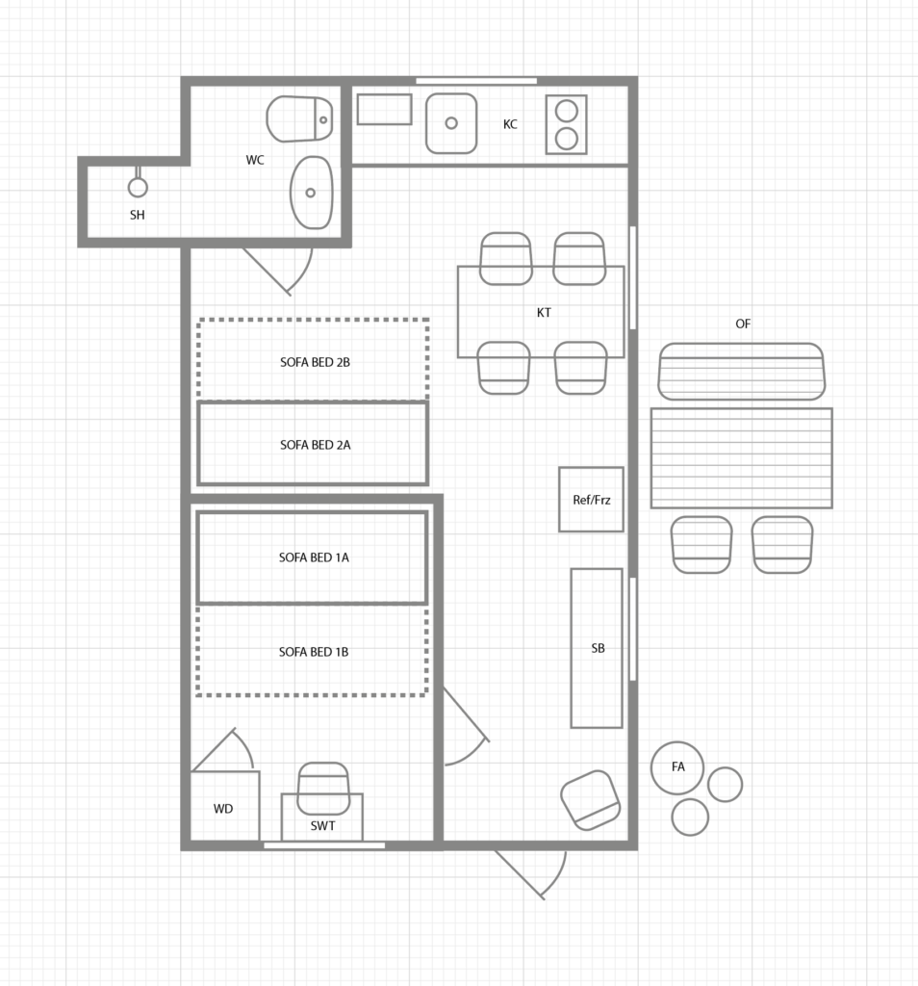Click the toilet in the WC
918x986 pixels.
(299, 118)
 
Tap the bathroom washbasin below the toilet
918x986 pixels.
(311, 193)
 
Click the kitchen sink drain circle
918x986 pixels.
(451, 123)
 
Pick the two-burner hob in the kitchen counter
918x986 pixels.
(566, 124)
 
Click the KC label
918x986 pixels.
(510, 124)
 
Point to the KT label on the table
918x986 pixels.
(544, 313)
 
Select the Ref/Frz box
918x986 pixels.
(591, 500)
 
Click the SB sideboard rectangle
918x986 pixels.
(597, 648)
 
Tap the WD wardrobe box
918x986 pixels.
(224, 806)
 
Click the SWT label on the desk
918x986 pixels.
(323, 825)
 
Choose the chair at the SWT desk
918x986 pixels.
(323, 789)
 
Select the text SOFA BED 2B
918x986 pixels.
(315, 362)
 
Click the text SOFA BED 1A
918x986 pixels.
(314, 558)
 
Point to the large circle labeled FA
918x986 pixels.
(677, 767)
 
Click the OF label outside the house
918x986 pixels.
(743, 324)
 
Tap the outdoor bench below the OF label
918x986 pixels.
(742, 372)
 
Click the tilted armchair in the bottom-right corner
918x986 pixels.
(591, 800)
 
